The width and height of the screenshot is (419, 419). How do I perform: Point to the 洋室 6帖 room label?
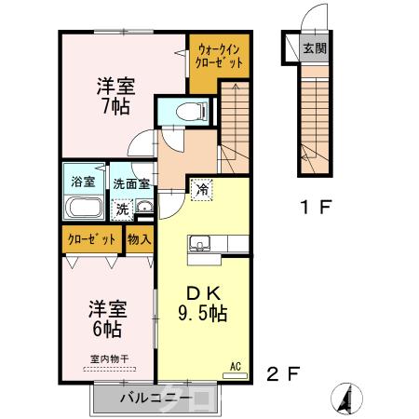pyautogui.click(x=108, y=318)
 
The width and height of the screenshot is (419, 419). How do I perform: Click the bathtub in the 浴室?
pyautogui.click(x=84, y=207)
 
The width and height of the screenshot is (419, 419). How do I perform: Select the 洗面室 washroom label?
pyautogui.click(x=129, y=182)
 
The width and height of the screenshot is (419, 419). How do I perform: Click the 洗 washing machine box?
pyautogui.click(x=122, y=208)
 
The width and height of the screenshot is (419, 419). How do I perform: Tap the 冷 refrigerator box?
pyautogui.click(x=201, y=189)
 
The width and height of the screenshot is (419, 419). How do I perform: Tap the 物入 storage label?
pyautogui.click(x=139, y=238)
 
